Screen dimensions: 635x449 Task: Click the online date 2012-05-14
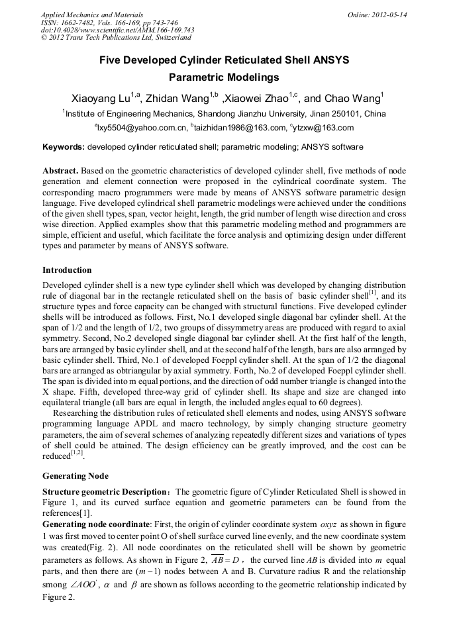coord(388,14)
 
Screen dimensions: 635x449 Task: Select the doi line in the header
coord(118,30)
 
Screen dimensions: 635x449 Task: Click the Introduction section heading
coord(67,270)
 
